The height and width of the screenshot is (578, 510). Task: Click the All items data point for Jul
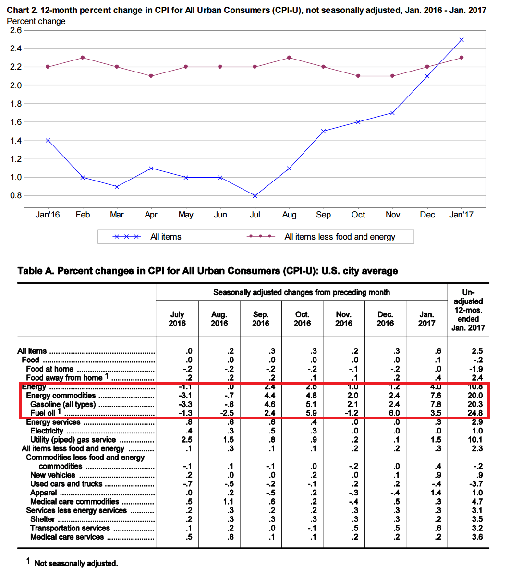click(255, 196)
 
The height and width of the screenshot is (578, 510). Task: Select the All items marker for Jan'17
click(461, 40)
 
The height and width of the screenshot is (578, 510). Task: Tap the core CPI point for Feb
click(83, 58)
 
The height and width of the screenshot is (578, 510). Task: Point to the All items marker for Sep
click(324, 131)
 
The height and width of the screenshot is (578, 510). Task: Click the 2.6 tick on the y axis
click(16, 30)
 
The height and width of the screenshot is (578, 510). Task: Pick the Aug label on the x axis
click(289, 215)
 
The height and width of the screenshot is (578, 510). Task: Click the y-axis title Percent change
click(36, 21)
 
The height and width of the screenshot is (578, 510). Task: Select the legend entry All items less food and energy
click(340, 237)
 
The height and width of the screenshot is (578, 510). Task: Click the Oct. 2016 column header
click(302, 319)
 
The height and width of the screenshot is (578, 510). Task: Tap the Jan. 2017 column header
click(426, 319)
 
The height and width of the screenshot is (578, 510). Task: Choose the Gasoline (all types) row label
click(63, 404)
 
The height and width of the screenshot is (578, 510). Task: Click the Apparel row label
click(43, 493)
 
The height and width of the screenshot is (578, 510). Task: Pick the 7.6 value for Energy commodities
click(435, 396)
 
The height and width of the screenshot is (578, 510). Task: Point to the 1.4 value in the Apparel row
click(435, 493)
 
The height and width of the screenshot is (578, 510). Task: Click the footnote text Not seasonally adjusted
click(76, 563)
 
